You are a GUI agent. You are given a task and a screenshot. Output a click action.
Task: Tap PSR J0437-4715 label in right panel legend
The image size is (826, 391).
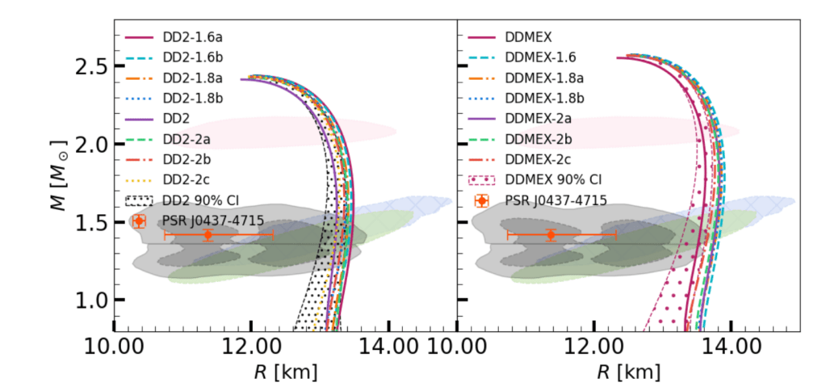(556, 200)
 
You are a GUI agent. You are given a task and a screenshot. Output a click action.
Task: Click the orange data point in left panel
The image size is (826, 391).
(208, 235)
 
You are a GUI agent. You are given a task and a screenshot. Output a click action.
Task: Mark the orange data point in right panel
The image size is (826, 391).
(551, 235)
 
